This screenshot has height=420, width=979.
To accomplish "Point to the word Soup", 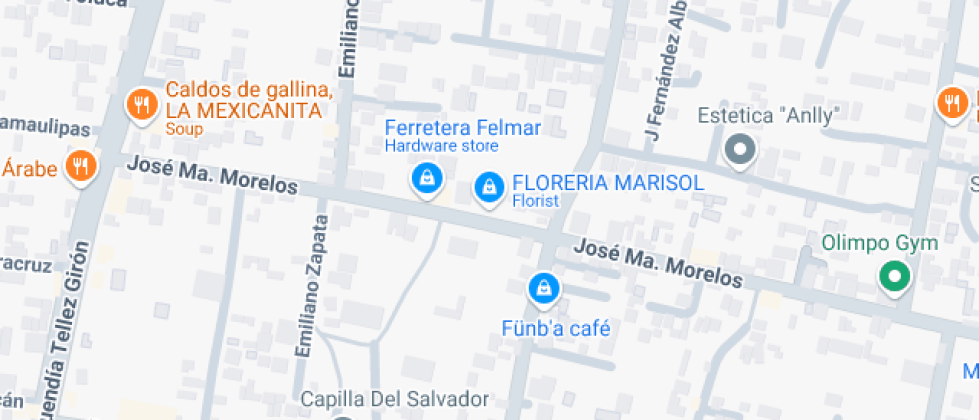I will click(184, 129).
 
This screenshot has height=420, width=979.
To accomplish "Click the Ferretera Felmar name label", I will click(463, 128).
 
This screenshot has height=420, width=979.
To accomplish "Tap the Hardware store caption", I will click(442, 146).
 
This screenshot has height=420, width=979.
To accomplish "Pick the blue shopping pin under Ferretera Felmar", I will click(427, 179).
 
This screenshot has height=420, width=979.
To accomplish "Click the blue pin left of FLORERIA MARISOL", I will click(489, 186).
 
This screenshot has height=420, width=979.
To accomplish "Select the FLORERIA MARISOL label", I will click(607, 183).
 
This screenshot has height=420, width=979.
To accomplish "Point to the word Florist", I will click(536, 201).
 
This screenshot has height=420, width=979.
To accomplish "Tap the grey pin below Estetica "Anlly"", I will click(740, 150).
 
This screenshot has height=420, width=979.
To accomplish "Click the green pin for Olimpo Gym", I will click(894, 276).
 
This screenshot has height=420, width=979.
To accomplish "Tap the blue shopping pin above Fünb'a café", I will click(543, 289).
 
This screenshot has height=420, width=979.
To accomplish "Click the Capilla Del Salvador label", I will click(395, 399).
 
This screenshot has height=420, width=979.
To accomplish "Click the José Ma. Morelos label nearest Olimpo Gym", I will click(658, 262).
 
